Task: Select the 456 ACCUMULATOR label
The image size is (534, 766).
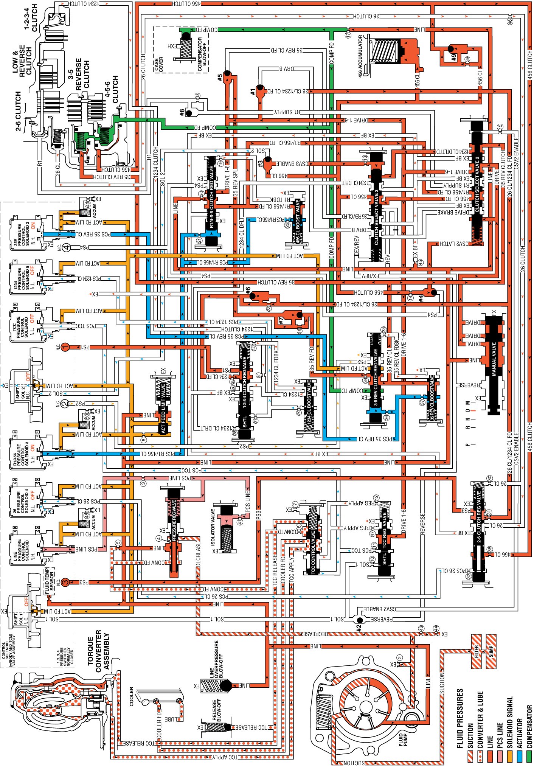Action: pos(360,56)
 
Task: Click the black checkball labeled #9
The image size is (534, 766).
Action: pos(450,49)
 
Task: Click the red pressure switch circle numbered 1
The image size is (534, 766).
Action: pos(65,347)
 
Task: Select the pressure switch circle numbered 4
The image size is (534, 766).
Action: pos(66,248)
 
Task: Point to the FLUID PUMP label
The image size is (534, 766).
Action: pos(403,740)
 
